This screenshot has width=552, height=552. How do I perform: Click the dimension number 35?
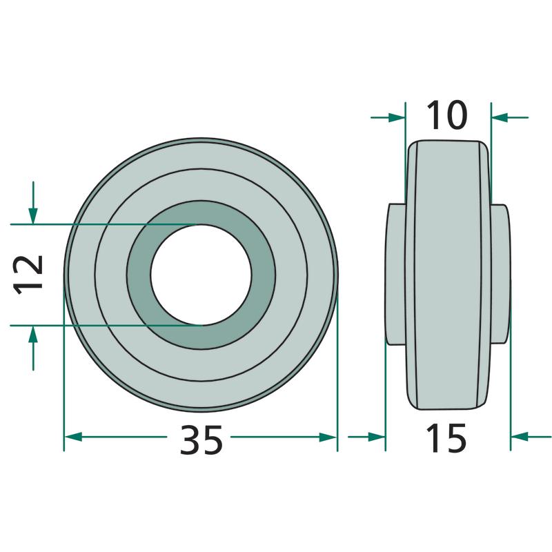tap(201, 440)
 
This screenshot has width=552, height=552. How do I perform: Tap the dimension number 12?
tap(28, 275)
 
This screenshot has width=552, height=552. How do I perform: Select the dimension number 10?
tap(446, 115)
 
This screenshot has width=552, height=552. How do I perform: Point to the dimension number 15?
tap(446, 438)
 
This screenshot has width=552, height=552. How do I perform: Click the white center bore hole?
tap(201, 275)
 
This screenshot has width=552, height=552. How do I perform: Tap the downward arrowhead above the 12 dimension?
tap(33, 216)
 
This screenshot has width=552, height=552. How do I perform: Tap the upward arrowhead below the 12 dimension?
tap(33, 334)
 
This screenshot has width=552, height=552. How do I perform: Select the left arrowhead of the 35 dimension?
tap(73, 437)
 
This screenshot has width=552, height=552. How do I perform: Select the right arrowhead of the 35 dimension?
tap(328, 437)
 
